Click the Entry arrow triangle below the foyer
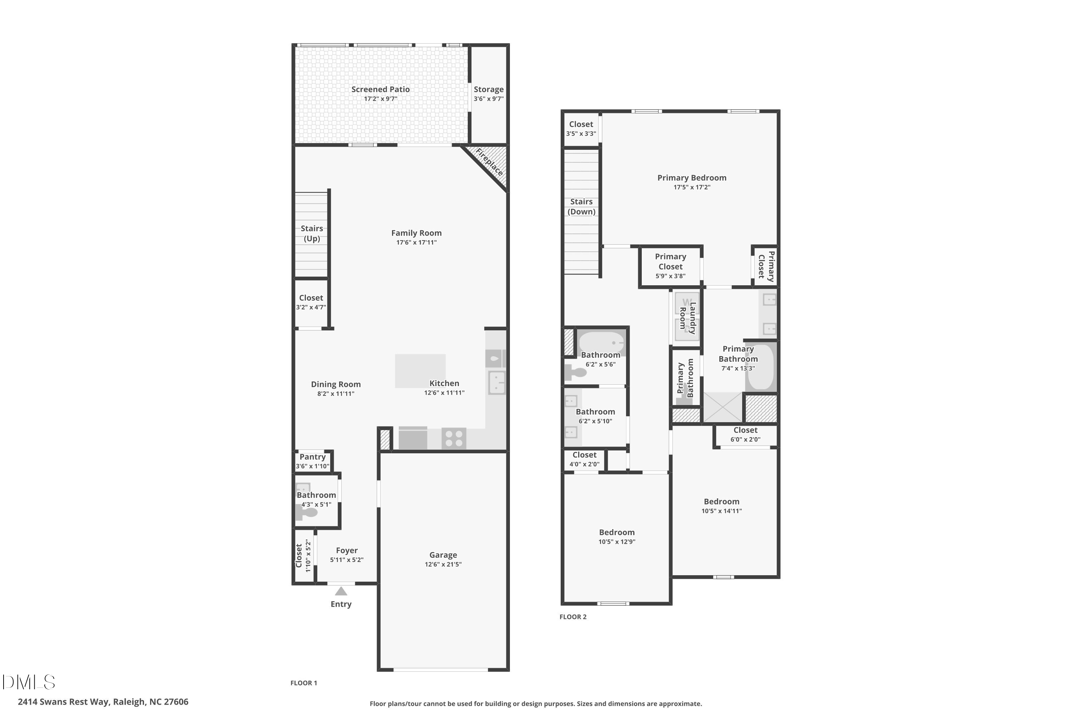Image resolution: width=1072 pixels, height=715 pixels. tap(341, 591)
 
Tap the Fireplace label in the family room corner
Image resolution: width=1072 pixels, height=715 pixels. tap(490, 162)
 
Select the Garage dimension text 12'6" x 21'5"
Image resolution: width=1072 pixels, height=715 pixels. tap(443, 564)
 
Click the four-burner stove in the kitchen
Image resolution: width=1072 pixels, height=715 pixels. tap(454, 438)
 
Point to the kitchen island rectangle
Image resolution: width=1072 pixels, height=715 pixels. tap(420, 371)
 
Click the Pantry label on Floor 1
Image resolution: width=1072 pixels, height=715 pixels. tap(312, 457)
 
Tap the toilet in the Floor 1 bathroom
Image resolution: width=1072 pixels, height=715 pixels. tap(307, 513)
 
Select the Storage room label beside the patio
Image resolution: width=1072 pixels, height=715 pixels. tap(488, 89)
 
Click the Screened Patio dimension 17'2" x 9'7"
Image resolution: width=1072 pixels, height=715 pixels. tap(380, 99)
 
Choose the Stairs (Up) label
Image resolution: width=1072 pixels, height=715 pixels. tap(312, 233)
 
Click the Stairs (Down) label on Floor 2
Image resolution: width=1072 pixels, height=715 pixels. tap(581, 207)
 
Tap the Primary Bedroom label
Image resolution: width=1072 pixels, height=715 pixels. tap(691, 178)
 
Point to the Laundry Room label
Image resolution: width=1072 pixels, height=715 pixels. tap(688, 317)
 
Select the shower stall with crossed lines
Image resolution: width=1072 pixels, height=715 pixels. tap(723, 407)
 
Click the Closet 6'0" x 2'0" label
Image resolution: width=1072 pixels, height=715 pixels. tap(745, 430)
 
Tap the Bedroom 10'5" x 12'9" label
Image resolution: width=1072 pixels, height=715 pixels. tap(617, 532)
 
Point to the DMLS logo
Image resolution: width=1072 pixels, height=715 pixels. tap(28, 682)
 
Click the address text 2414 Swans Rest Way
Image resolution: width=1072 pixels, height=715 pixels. tap(103, 702)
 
